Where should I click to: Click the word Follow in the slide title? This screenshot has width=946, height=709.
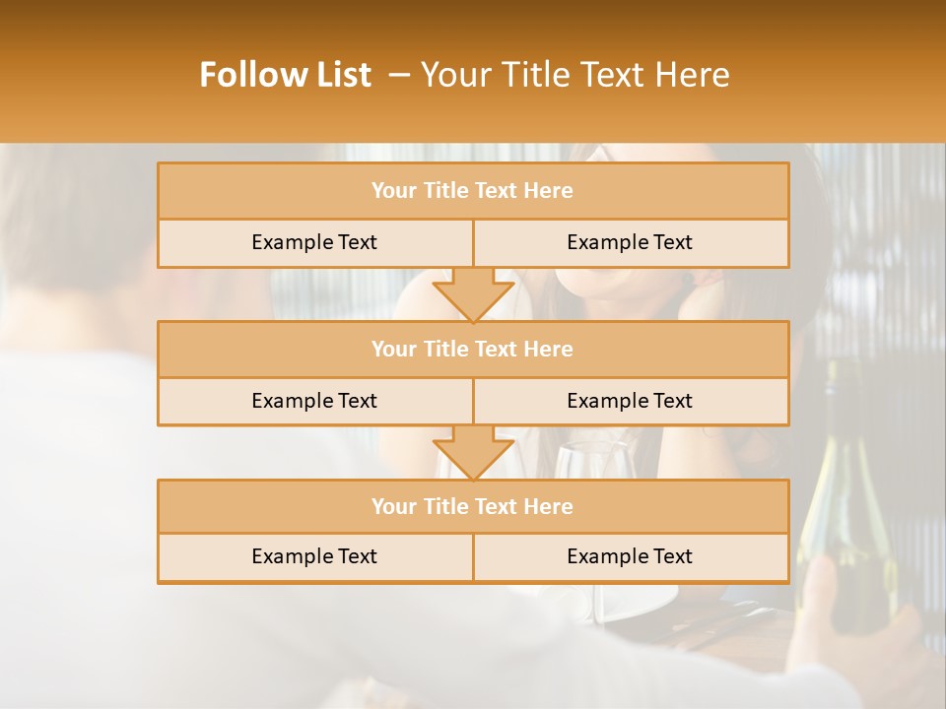(248, 75)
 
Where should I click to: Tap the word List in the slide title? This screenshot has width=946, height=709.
(338, 75)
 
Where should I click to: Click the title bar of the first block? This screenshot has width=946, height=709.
(473, 191)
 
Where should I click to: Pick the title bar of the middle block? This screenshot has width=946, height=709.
(473, 349)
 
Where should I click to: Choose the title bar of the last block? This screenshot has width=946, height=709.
(473, 506)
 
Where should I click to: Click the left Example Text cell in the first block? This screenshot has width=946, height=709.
(314, 242)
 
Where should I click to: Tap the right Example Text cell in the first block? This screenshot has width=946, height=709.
(630, 242)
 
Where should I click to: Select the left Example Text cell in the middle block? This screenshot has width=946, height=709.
(314, 401)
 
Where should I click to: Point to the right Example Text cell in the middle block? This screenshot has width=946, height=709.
(630, 401)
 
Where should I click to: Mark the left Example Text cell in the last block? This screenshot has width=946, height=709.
(314, 556)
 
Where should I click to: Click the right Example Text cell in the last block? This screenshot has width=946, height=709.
(630, 556)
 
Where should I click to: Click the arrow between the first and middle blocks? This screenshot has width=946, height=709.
(473, 294)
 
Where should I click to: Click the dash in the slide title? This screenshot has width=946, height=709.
(399, 75)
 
